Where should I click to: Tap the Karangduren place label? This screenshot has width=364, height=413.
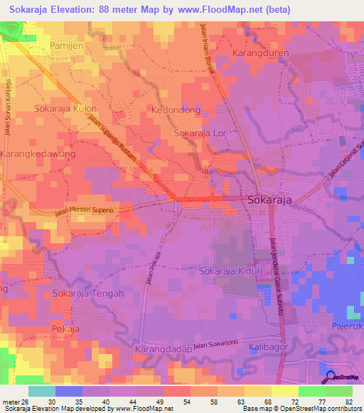[x=263, y=53]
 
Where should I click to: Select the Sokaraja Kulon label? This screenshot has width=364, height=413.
[x=65, y=109]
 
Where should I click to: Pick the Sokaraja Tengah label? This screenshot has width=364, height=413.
[x=88, y=293]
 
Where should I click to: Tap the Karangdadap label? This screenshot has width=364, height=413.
[x=164, y=350]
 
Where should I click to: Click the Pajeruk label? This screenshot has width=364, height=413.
[x=347, y=326]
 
